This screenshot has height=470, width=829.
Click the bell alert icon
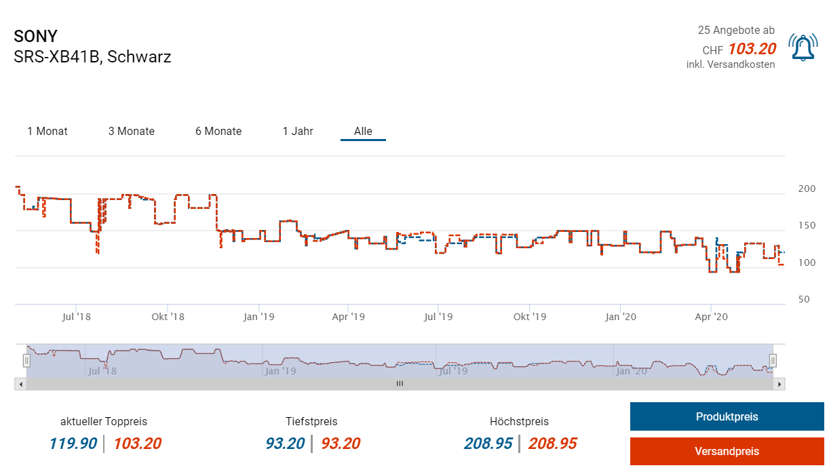click(803, 47)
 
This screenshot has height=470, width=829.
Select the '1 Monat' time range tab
click(47, 132)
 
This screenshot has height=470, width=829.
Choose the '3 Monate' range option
click(132, 132)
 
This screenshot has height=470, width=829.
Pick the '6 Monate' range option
click(218, 132)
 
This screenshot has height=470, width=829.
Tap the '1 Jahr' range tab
click(298, 132)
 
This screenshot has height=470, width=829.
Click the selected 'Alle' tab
click(363, 132)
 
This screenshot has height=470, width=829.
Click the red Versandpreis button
click(727, 452)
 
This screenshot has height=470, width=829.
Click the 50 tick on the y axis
click(804, 299)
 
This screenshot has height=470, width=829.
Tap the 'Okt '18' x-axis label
click(168, 317)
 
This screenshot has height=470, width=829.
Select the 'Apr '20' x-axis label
click(711, 317)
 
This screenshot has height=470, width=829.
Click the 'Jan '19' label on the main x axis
click(258, 317)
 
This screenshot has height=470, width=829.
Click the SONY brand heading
click(36, 37)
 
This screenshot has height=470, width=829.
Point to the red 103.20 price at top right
click(752, 49)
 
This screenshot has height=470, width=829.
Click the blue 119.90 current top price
click(73, 444)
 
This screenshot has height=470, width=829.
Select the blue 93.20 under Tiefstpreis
click(285, 444)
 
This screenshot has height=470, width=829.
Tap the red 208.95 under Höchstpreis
click(553, 444)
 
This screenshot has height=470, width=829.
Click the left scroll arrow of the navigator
click(20, 384)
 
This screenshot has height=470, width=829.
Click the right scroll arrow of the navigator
click(780, 384)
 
